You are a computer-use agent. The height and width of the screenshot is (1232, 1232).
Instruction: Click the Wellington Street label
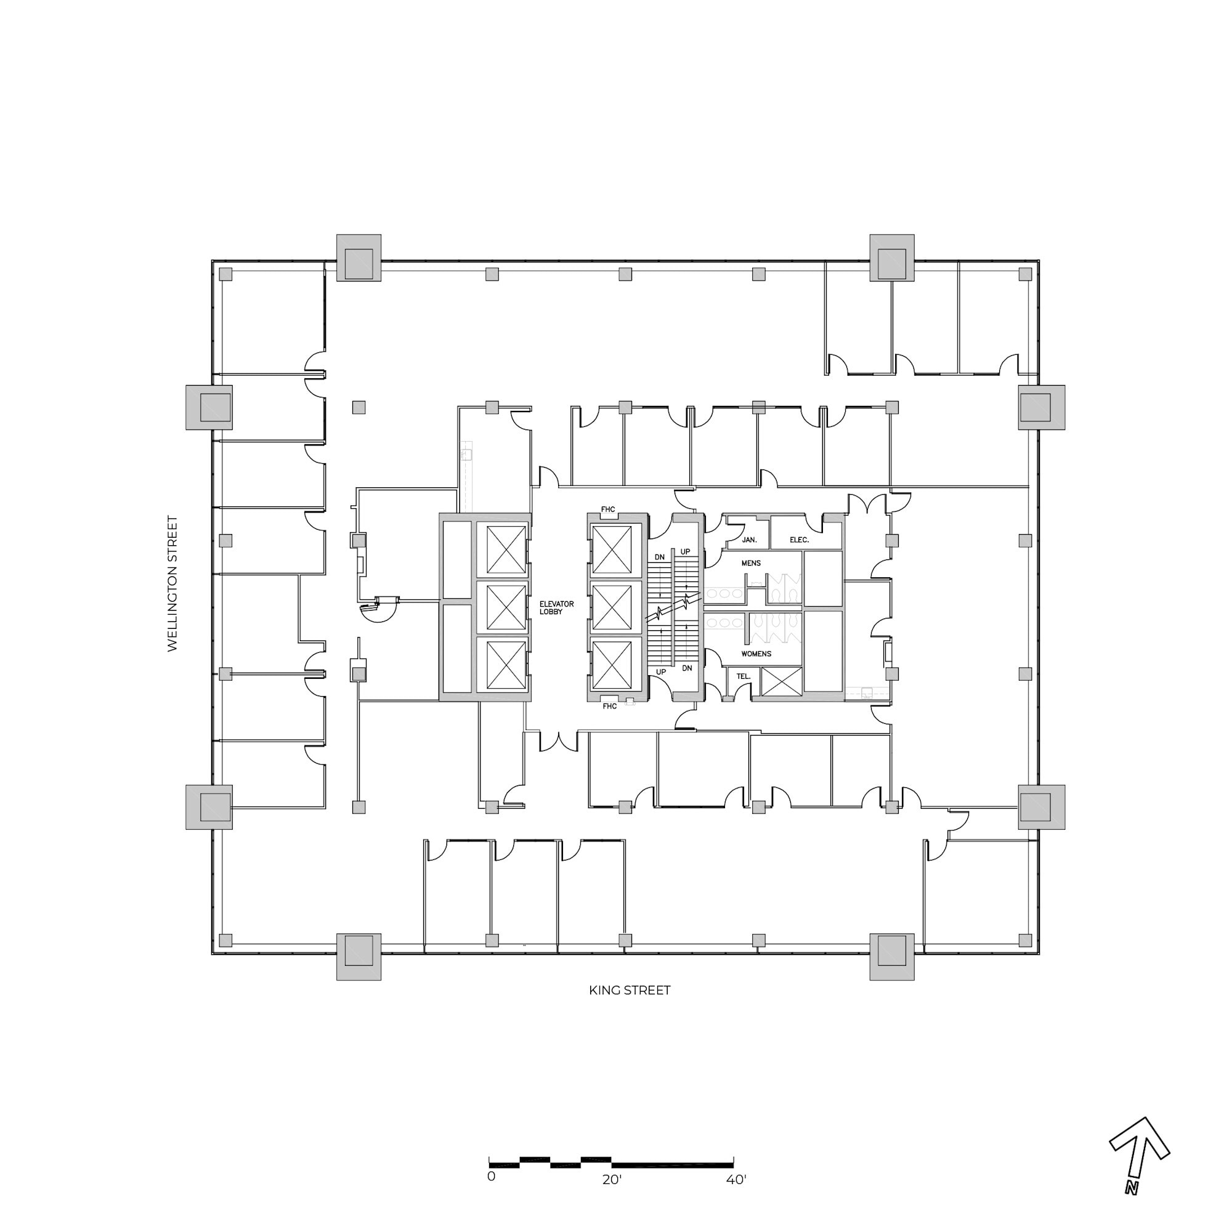coord(172,583)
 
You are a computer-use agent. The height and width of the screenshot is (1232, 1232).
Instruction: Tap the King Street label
coord(630,991)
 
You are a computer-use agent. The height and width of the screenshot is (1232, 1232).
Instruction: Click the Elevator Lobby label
coord(556,608)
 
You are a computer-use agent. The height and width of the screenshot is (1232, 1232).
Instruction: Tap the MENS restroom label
coord(751,563)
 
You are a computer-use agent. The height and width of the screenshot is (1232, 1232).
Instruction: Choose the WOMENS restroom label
coord(756,654)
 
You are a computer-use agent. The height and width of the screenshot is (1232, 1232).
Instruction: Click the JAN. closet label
coord(749,540)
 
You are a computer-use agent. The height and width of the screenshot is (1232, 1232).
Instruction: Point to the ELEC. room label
coord(799,540)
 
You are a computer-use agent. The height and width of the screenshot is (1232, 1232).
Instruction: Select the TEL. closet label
coord(744,676)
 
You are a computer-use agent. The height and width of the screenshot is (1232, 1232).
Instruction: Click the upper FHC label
coord(609,509)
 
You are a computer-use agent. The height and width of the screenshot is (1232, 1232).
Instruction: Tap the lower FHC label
coord(610,706)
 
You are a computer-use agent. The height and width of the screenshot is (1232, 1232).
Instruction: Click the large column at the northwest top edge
coord(359,257)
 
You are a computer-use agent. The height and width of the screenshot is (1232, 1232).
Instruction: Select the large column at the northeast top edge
coord(891,257)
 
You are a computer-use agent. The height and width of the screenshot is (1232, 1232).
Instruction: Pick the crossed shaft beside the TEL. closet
coord(781,682)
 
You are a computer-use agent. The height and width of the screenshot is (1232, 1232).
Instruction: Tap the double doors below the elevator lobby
coord(559,740)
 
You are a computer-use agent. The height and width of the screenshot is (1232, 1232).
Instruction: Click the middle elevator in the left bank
coord(506,608)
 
